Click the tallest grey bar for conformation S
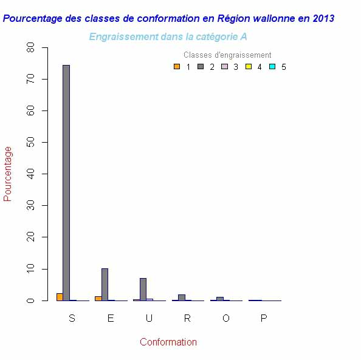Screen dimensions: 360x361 click(66, 182)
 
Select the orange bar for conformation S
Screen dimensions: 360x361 click(60, 297)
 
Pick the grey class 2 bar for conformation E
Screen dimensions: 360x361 click(105, 285)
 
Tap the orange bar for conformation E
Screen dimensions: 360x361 click(98, 298)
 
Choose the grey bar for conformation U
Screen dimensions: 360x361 click(143, 290)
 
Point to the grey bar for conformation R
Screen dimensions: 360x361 click(181, 297)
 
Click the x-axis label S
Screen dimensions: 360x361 click(72, 319)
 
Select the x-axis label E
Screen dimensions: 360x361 click(111, 319)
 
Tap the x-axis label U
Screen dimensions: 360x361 click(149, 319)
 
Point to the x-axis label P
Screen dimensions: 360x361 click(264, 319)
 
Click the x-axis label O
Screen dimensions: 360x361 click(225, 319)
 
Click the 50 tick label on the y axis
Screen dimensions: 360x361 click(30, 143)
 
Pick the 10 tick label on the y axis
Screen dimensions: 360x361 click(30, 269)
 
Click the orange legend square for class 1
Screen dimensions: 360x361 click(176, 67)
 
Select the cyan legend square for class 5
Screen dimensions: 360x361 click(272, 67)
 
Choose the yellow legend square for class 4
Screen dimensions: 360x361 click(248, 67)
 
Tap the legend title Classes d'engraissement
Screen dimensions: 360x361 click(227, 55)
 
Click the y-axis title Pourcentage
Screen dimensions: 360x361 click(8, 174)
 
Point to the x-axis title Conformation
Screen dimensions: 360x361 click(168, 342)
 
